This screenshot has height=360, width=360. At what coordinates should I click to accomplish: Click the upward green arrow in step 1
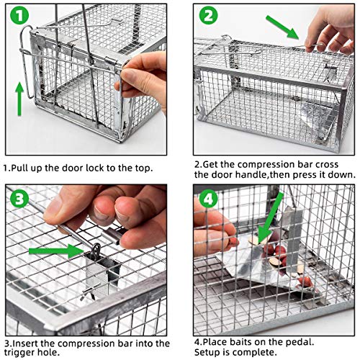point(19,98)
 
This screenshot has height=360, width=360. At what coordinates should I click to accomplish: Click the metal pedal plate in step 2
point(314,114)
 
